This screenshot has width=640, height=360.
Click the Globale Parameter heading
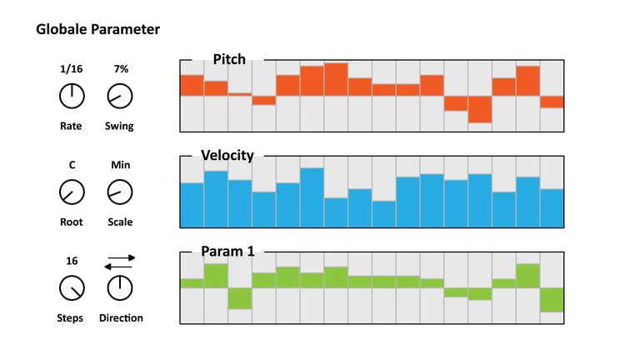click(98, 30)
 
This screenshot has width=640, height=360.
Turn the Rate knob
click(72, 97)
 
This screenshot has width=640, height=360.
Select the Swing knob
click(120, 97)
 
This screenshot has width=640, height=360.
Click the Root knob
click(72, 193)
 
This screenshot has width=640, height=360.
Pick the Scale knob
click(120, 193)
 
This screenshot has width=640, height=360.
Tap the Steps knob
click(72, 289)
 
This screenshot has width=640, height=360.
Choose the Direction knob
click(120, 289)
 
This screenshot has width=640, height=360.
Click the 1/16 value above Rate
click(72, 69)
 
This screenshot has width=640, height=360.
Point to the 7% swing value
click(121, 69)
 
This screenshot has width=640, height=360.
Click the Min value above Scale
click(120, 165)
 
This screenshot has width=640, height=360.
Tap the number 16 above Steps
click(72, 261)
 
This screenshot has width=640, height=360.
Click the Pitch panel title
click(228, 59)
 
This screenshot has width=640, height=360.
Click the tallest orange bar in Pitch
click(336, 79)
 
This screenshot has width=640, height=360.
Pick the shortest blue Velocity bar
click(384, 214)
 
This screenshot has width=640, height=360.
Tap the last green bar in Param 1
click(552, 299)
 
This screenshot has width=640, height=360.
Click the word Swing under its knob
click(119, 127)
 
